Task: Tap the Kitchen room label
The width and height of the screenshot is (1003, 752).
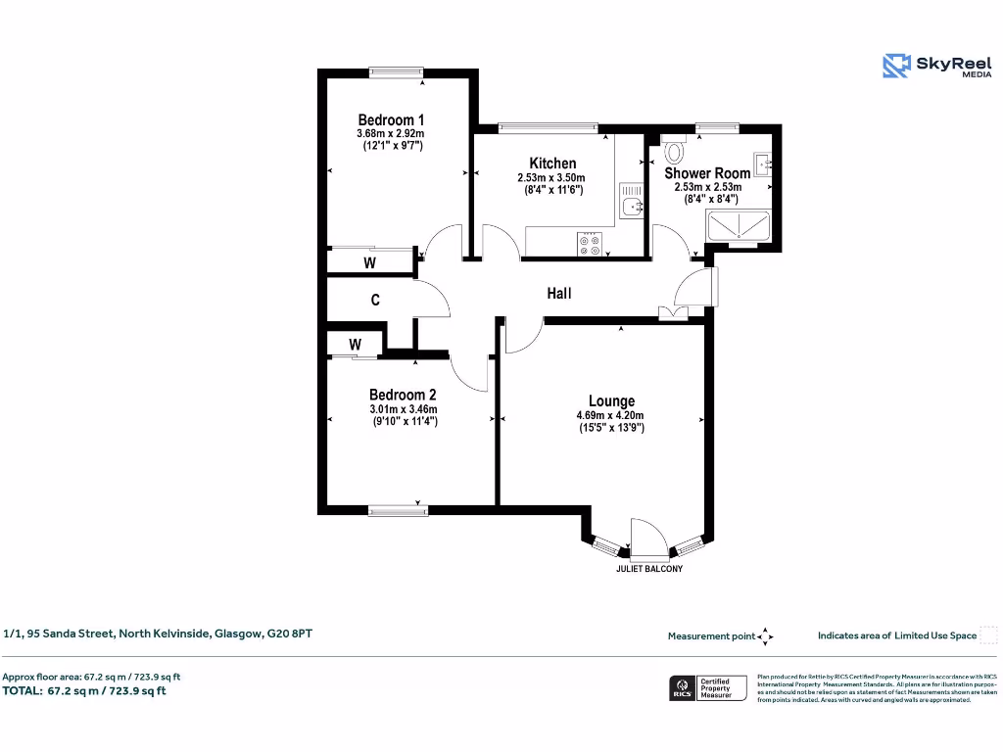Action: pyautogui.click(x=552, y=163)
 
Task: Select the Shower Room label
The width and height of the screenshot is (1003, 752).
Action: pyautogui.click(x=707, y=172)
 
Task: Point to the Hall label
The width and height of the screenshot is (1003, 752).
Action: pyautogui.click(x=558, y=293)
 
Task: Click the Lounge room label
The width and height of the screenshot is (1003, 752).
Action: pyautogui.click(x=611, y=400)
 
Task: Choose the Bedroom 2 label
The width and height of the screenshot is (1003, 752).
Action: pyautogui.click(x=402, y=395)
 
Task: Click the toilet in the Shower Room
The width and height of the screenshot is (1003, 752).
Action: pyautogui.click(x=674, y=152)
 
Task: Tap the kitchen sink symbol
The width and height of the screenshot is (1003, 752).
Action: pyautogui.click(x=633, y=205)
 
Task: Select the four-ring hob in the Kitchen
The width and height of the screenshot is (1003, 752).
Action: pyautogui.click(x=590, y=244)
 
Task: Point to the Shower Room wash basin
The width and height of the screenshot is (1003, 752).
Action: pyautogui.click(x=763, y=163)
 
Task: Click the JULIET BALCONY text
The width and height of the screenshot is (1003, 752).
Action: pyautogui.click(x=648, y=569)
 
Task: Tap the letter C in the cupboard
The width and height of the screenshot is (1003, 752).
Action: pyautogui.click(x=375, y=301)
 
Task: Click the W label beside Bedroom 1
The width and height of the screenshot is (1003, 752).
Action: pyautogui.click(x=369, y=262)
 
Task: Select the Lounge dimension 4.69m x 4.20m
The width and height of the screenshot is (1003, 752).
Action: pyautogui.click(x=609, y=415)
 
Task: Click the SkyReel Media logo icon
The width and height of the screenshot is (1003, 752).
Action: pyautogui.click(x=896, y=66)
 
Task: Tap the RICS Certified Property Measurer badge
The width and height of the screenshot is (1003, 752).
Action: pyautogui.click(x=708, y=687)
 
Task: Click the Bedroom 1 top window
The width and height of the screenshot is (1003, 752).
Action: pyautogui.click(x=396, y=70)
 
